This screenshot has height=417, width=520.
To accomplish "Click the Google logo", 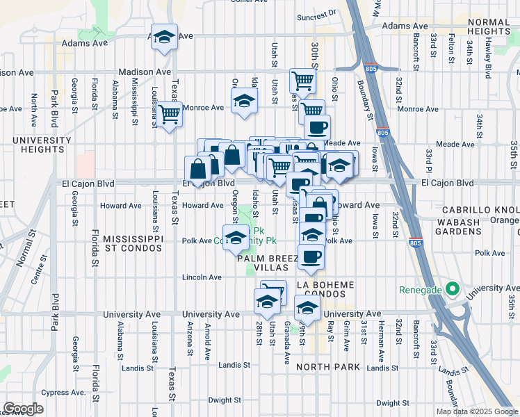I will coord(23,409).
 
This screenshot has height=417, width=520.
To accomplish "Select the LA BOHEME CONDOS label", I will coord(325,291).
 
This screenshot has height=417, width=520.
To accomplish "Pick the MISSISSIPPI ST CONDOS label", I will coord(133,244).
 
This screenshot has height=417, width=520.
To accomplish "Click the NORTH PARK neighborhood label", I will coord(327,366).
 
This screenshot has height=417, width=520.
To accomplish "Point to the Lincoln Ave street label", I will coord(202,277).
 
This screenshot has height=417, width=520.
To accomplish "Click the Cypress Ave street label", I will coord(63,392).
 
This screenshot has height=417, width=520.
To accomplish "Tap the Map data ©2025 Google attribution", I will coord(476,411).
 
